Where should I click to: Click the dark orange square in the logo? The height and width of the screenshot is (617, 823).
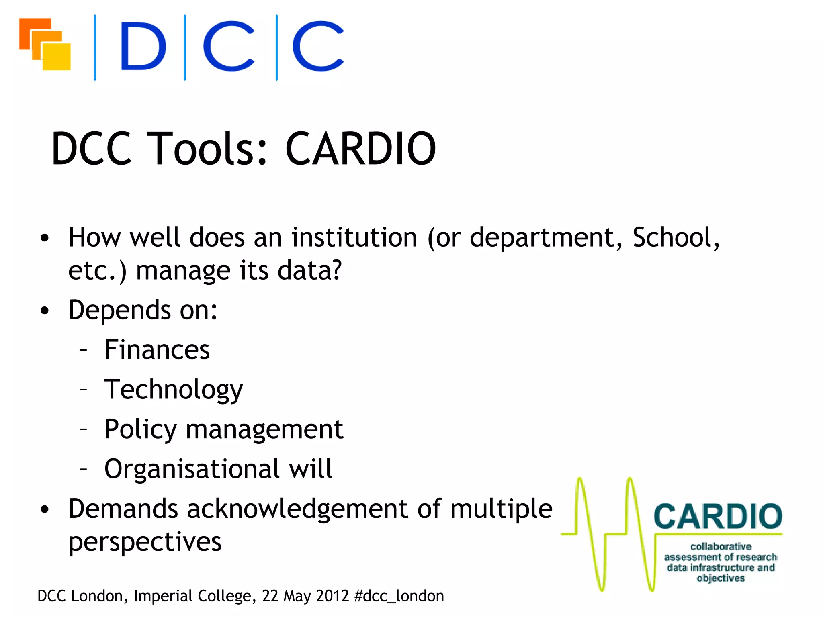[x=28, y=28]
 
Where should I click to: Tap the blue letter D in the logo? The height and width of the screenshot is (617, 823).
[x=143, y=46]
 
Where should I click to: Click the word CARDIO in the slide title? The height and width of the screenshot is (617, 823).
[x=360, y=149]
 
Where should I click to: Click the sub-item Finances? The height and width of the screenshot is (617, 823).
[x=157, y=349]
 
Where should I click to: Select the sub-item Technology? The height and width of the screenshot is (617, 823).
[x=174, y=390]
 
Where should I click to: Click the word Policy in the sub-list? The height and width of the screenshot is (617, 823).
[x=140, y=429]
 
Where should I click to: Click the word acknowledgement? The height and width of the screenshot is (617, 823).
[x=297, y=509]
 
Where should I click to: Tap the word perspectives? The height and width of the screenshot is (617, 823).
[x=145, y=542]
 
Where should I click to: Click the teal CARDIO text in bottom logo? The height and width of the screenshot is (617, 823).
[x=718, y=517]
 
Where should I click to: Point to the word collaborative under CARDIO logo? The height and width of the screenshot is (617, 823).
[x=721, y=547]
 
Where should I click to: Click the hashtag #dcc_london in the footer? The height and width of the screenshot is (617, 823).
[x=399, y=596]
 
